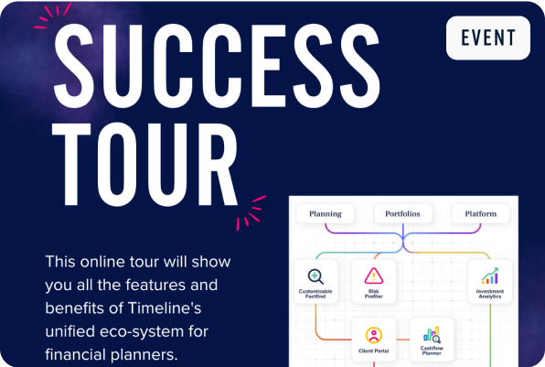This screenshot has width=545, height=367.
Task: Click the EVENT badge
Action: [488, 38]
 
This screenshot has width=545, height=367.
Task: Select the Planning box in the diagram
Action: [325, 214]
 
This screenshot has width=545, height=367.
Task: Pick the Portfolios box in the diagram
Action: [402, 214]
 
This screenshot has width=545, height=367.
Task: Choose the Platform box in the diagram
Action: [480, 214]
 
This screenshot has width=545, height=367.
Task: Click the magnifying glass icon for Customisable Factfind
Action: [315, 275]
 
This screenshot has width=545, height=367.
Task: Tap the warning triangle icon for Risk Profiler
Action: [373, 275]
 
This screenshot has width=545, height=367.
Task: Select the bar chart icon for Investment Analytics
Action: [489, 275]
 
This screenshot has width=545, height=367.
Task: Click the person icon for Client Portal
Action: [373, 334]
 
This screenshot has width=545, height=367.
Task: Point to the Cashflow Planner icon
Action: [432, 333]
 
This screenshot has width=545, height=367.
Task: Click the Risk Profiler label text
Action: [373, 294]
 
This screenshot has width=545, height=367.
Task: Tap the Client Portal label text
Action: [373, 351]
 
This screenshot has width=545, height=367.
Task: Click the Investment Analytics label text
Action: [489, 294]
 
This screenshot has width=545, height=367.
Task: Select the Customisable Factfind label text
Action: [315, 294]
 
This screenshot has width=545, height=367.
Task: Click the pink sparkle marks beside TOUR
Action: [249, 211]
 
